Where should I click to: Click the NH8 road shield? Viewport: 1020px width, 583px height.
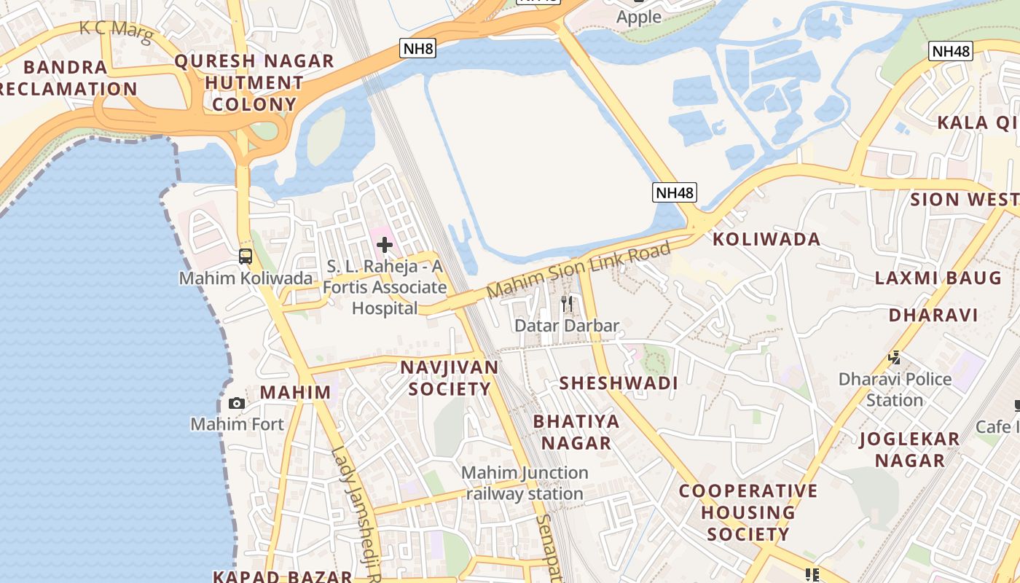418,50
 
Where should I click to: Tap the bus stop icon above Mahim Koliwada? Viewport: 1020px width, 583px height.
246,257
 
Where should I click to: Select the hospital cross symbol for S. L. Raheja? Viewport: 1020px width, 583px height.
385,245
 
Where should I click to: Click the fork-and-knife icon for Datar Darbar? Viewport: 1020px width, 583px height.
567,303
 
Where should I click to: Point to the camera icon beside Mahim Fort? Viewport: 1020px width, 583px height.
236,403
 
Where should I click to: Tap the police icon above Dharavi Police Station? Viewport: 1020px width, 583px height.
894,358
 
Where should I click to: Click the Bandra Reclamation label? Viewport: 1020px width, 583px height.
67,78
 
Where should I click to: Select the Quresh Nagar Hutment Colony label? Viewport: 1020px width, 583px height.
254,82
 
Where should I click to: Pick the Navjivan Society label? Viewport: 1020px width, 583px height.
450,377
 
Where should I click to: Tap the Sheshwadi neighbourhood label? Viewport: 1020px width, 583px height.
619,383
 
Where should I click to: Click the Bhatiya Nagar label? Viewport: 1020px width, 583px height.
576,432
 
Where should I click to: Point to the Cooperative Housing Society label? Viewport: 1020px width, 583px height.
748,512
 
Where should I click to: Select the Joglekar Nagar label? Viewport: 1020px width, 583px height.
910,450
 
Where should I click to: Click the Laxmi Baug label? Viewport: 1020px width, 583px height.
938,278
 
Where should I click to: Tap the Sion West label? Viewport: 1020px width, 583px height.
964,199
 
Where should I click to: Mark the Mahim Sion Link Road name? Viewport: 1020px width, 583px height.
578,270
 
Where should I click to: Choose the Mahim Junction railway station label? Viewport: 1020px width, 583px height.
525,483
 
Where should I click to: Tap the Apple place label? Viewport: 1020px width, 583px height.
639,17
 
